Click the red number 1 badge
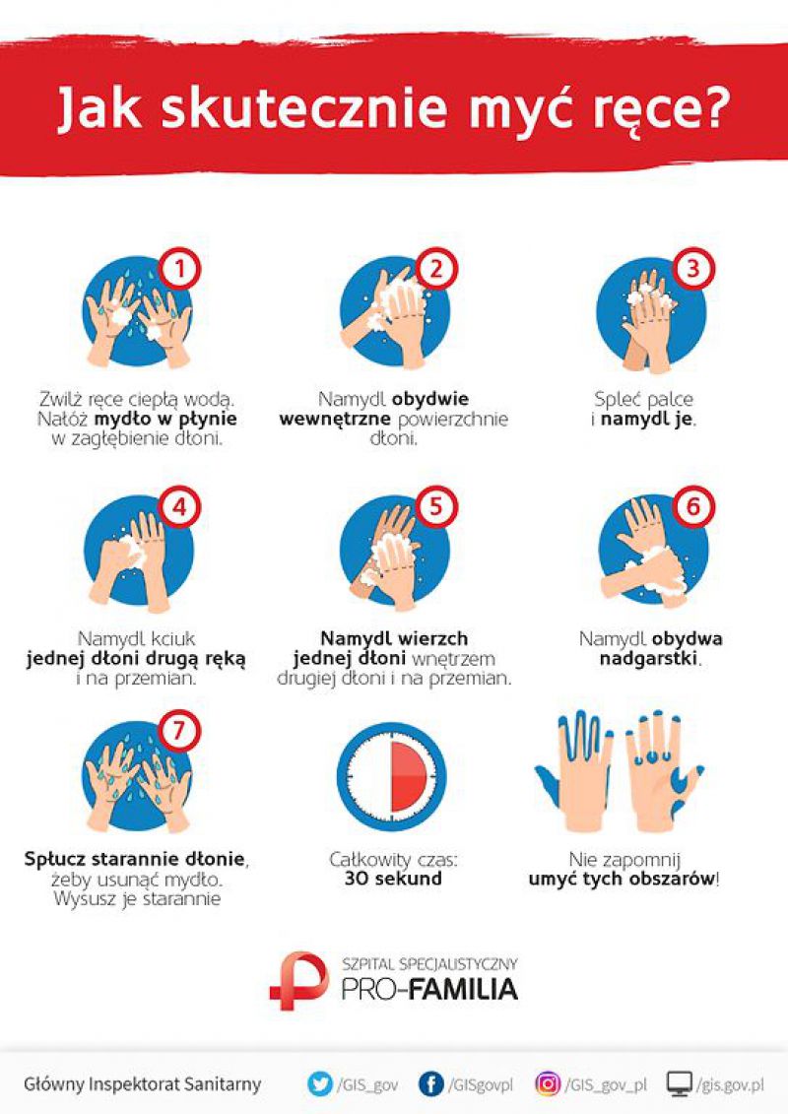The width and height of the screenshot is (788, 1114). [179, 269]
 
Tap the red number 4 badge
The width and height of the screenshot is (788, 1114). [179, 507]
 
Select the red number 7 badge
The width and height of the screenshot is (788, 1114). [179, 730]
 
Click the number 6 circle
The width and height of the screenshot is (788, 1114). [692, 507]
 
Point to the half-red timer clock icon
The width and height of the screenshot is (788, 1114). [391, 776]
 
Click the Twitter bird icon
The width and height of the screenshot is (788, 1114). [320, 1084]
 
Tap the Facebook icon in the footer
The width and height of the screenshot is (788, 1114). [430, 1084]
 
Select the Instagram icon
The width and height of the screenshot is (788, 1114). [547, 1084]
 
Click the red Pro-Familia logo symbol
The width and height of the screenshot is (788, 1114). [298, 980]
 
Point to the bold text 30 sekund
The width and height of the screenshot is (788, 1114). [393, 879]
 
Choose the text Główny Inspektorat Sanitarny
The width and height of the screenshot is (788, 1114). [142, 1084]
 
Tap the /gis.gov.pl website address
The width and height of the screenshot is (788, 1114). [731, 1085]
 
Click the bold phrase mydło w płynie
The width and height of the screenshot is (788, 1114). [165, 420]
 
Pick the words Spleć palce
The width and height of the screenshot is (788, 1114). [644, 399]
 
